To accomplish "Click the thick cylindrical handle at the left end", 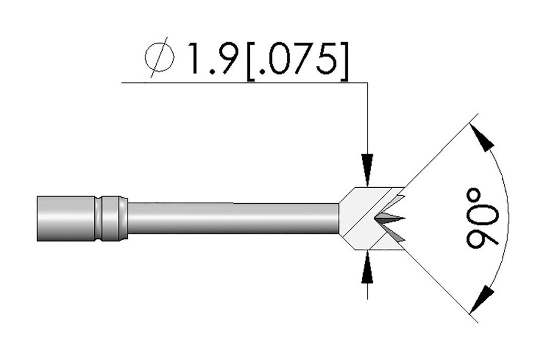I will point(64,219).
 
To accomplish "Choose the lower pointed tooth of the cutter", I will point(397,236).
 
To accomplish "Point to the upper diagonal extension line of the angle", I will point(437,155).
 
